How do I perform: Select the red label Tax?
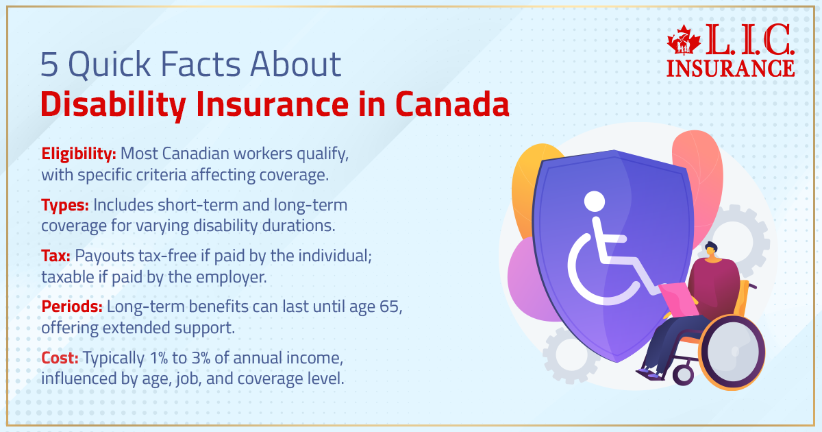point(55,255)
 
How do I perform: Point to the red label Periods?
point(72,307)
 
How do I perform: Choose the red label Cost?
point(60,357)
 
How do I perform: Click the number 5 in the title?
point(49,65)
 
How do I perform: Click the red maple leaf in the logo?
point(684,43)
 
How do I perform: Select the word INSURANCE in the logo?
point(730,68)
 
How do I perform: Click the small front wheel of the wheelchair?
point(683,374)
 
